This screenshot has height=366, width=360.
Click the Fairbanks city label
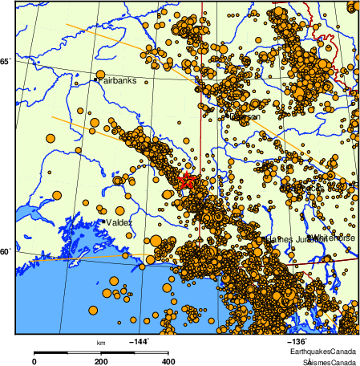[118, 81]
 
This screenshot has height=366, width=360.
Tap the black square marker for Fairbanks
[96, 79]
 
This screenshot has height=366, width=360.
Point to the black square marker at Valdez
[99, 220]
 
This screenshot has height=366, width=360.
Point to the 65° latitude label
[6, 62]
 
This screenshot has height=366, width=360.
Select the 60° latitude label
[6, 252]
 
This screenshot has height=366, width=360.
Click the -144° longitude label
[140, 341]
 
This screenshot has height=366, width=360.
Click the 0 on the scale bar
[34, 362]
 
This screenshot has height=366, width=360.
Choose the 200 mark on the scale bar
[101, 362]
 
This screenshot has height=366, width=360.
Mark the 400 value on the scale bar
[168, 362]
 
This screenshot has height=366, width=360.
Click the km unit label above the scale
[101, 343]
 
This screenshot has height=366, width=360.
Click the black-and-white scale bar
[101, 352]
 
